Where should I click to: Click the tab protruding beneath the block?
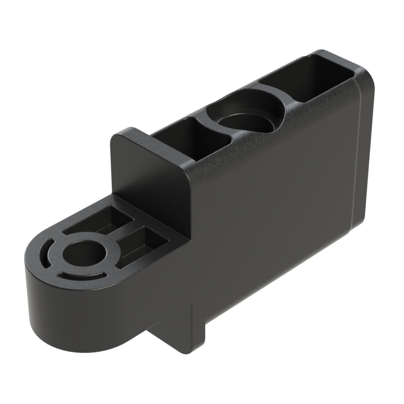pos(185,334)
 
